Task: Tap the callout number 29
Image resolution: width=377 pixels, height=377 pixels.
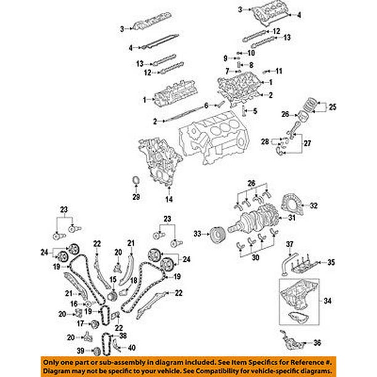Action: click(136, 197)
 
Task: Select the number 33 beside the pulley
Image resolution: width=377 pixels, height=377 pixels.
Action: click(197, 234)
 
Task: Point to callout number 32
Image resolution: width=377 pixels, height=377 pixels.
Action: click(313, 206)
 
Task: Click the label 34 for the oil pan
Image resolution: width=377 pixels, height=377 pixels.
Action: click(328, 301)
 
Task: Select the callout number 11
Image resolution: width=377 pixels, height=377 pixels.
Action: click(278, 70)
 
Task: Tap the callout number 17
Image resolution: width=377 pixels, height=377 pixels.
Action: click(80, 323)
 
